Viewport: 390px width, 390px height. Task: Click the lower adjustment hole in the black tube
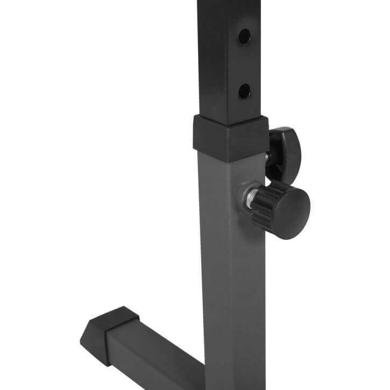pos(244,90)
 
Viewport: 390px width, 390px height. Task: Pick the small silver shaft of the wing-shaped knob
pos(267,158)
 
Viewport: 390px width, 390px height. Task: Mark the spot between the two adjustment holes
pos(244,64)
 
